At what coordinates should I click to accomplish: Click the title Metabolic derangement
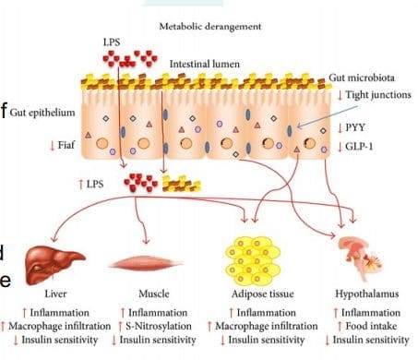210,27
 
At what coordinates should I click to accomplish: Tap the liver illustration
54,265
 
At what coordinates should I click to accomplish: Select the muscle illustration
147,263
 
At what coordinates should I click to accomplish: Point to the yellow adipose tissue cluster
253,260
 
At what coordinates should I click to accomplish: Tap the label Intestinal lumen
205,64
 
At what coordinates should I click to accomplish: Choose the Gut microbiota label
362,78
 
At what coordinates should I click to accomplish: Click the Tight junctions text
378,95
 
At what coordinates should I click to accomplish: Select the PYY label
355,127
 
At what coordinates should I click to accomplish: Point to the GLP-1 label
359,146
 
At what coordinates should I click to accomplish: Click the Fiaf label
66,145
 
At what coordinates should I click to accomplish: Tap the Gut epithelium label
42,113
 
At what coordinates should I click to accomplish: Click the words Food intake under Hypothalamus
371,326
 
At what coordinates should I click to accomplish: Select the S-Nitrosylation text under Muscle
159,326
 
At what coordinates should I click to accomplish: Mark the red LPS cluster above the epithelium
130,58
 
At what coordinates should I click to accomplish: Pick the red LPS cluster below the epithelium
140,183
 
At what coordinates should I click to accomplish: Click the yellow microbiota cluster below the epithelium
182,184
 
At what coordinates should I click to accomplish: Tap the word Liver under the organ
55,294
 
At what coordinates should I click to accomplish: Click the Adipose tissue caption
263,294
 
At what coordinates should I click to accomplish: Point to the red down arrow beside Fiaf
53,145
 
